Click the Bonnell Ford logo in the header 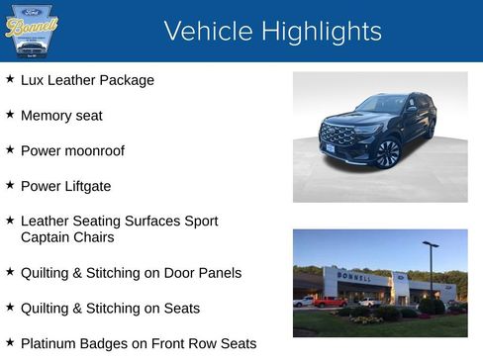(x=32, y=31)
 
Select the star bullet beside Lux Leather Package (x=10, y=79)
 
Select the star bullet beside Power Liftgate (x=10, y=185)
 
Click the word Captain (x=48, y=237)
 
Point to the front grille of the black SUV (x=339, y=136)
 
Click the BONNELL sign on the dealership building (x=355, y=277)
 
